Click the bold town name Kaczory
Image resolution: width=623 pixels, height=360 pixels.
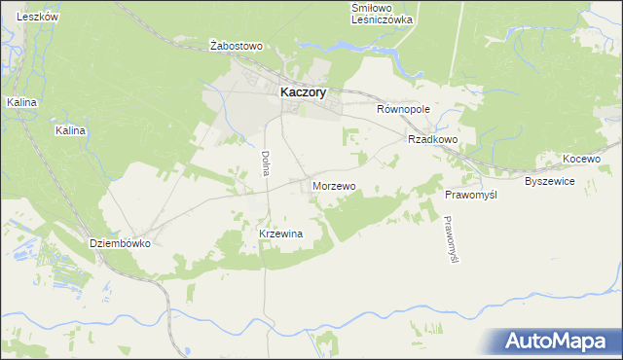[303, 91]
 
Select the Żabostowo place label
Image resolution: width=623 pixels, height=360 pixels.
[238, 46]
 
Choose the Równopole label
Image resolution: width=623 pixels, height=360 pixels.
[403, 110]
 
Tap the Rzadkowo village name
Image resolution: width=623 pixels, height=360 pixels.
[433, 139]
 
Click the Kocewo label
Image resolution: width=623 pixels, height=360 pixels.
[582, 159]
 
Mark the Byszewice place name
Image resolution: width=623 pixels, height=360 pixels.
[550, 182]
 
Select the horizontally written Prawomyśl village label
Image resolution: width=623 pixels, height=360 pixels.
[471, 196]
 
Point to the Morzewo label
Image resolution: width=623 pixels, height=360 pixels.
[334, 185]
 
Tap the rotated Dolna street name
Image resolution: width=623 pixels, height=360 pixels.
[265, 162]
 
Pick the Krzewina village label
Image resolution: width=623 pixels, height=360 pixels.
[281, 234]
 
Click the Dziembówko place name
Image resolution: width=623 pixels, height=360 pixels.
[120, 244]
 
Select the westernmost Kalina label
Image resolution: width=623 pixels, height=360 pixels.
[20, 101]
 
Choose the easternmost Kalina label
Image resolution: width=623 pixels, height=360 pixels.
[71, 130]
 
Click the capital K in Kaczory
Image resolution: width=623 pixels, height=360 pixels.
[284, 91]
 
